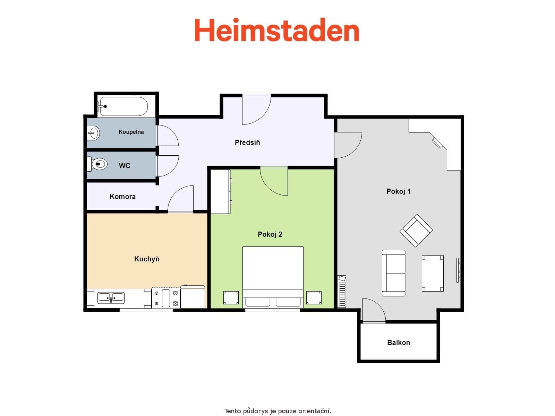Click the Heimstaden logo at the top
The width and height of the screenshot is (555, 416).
(x=276, y=31)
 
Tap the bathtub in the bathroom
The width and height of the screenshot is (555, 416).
(x=123, y=106)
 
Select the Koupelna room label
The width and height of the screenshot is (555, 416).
(x=131, y=132)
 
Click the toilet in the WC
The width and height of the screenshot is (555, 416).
(x=99, y=164)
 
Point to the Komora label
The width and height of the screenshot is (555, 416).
(x=122, y=197)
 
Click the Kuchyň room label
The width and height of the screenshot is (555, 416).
(x=147, y=259)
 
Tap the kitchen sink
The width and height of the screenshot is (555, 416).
(x=111, y=297)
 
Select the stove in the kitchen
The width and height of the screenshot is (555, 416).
(x=166, y=298)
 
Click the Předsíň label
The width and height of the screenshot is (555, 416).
(x=247, y=142)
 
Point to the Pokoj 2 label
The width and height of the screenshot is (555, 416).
(x=270, y=234)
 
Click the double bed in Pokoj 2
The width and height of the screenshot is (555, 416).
(x=273, y=276)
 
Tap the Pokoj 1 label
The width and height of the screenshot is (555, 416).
(x=399, y=191)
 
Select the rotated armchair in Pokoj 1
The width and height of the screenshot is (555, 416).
(x=416, y=231)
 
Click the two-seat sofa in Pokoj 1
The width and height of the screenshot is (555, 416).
(x=393, y=273)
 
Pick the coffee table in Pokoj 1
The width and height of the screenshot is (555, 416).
(x=433, y=274)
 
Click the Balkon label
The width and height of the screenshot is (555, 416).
(x=399, y=343)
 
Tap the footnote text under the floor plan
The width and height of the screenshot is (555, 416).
(x=277, y=411)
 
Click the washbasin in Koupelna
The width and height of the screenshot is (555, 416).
(x=93, y=133)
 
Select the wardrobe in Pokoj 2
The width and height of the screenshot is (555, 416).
(x=221, y=191)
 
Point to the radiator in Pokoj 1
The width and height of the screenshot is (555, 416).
(x=342, y=292)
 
